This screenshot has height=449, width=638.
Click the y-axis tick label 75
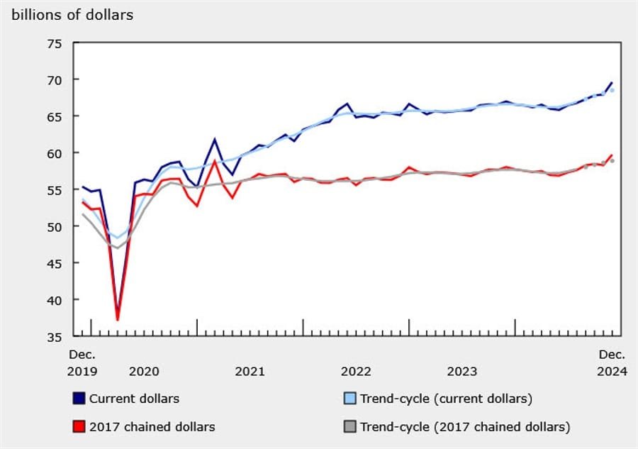[x=55, y=43]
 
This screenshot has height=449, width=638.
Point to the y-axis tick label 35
[x=55, y=336]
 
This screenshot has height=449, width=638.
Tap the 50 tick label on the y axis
[x=55, y=226]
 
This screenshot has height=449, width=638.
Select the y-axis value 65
[x=55, y=116]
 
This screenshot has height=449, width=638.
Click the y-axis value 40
[x=55, y=300]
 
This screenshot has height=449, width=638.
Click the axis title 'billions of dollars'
[x=72, y=15]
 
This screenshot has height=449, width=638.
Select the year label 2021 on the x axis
[x=250, y=371]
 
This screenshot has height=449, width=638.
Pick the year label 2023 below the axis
[x=462, y=371]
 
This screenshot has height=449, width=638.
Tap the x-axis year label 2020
[x=143, y=371]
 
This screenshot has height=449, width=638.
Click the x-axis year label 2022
[x=356, y=371]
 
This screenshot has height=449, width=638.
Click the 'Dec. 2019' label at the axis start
[x=82, y=362]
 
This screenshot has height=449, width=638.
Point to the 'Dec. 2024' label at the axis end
[x=612, y=362]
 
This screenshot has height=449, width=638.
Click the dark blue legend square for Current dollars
[x=79, y=399]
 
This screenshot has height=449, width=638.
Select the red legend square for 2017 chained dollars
[x=79, y=426]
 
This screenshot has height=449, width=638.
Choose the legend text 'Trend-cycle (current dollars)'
[x=446, y=399]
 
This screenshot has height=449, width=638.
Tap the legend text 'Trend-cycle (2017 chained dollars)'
[x=465, y=426]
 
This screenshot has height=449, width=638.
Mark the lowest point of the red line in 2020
[x=118, y=319]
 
